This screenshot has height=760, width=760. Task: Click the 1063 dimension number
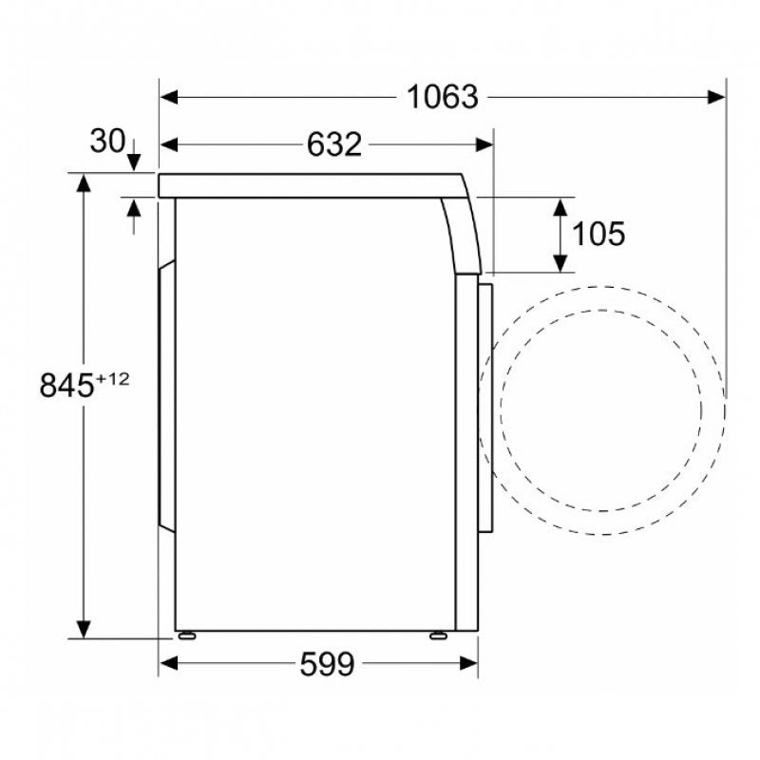[442, 97]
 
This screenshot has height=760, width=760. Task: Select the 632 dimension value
[334, 144]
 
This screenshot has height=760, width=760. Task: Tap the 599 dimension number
[327, 663]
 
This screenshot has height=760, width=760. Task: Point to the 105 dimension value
[599, 234]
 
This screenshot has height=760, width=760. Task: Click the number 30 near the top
[107, 141]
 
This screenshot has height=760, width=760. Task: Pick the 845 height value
[66, 386]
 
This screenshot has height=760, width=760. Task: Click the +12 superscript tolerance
[113, 378]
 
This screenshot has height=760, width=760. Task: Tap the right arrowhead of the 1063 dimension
[716, 97]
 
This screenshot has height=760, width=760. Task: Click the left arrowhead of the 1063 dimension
[169, 97]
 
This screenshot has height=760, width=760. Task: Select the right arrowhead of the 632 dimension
[484, 144]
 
